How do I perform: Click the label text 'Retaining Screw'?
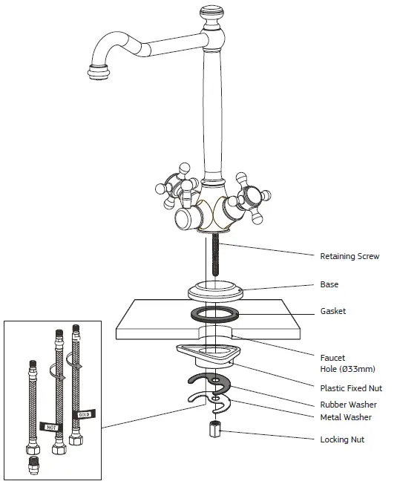click(x=349, y=257)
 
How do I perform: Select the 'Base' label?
click(x=329, y=284)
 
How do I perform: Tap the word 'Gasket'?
click(x=332, y=311)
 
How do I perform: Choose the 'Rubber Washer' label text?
click(x=348, y=405)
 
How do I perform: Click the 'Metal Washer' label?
click(x=346, y=417)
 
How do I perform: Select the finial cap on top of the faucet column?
click(x=213, y=14)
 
